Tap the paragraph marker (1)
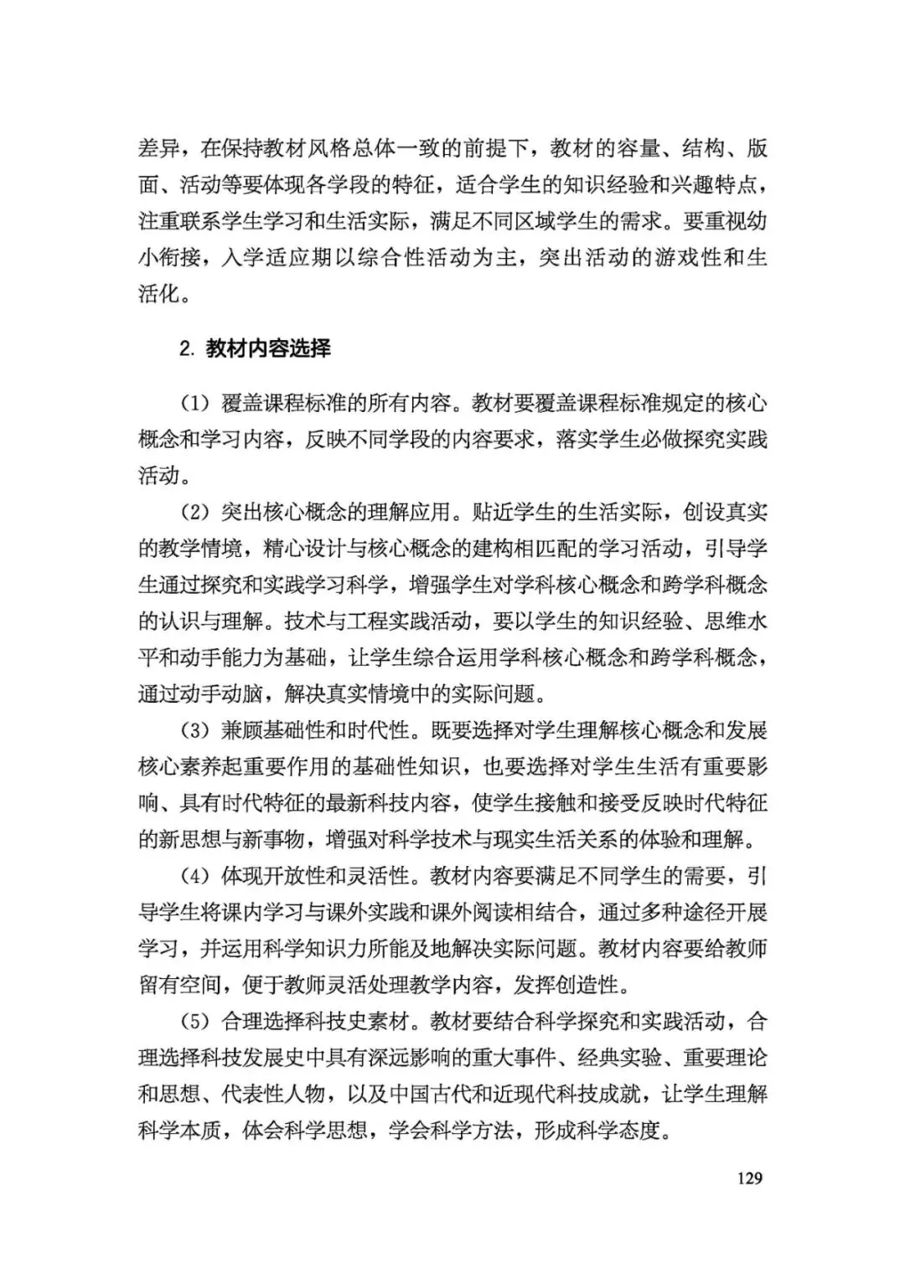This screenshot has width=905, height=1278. coord(194,403)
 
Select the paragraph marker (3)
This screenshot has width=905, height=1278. coord(194,730)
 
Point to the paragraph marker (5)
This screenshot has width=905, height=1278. coord(194,1022)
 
